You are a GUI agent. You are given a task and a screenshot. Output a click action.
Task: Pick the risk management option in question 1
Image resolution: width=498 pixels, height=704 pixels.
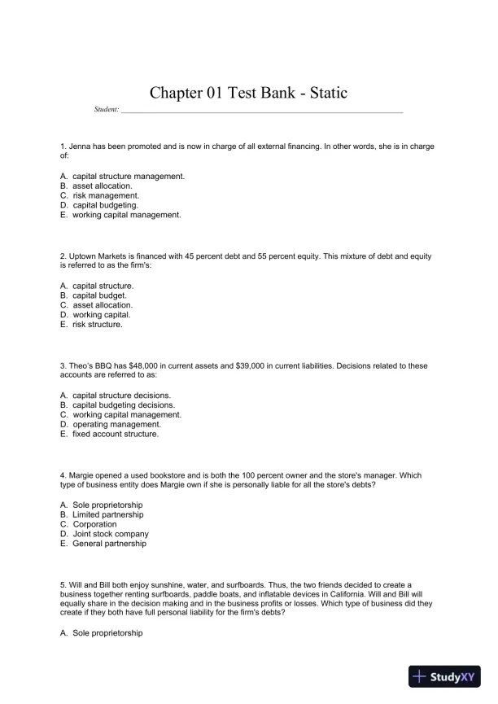[x=106, y=195]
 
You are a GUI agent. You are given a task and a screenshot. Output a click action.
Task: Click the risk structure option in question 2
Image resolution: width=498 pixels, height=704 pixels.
[x=97, y=325]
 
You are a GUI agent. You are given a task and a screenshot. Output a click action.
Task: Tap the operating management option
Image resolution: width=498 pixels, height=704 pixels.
[x=116, y=424]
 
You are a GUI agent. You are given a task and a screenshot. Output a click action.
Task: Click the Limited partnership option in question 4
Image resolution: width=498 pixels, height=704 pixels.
[x=107, y=514]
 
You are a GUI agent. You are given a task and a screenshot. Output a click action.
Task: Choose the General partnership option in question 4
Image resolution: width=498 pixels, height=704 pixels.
[x=109, y=544]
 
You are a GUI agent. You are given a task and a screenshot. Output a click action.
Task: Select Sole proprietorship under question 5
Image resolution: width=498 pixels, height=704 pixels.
[x=107, y=632]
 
